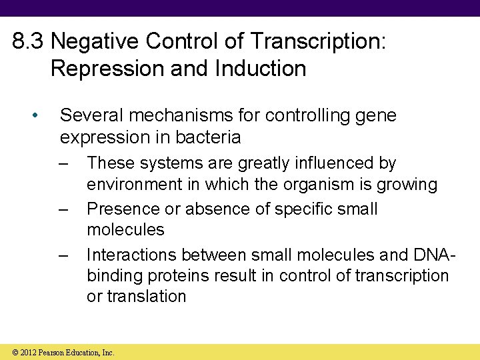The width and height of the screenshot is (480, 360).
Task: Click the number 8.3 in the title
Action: tap(29, 42)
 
